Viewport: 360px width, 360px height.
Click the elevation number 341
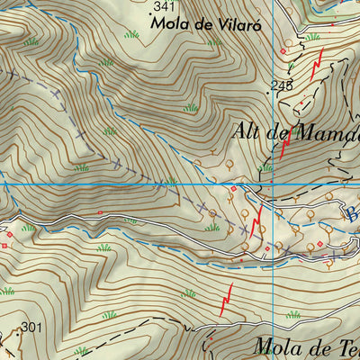point(164,6)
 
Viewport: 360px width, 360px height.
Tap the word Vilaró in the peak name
point(228,24)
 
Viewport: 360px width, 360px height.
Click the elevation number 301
point(31,327)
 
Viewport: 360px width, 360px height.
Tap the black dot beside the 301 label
point(16,330)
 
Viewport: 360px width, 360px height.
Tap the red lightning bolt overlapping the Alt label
point(284,144)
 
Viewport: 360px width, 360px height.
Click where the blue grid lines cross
point(273,184)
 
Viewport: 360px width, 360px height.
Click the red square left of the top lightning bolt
point(283,51)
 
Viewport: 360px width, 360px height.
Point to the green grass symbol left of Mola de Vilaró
point(132,34)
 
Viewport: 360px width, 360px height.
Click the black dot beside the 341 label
point(149,15)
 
